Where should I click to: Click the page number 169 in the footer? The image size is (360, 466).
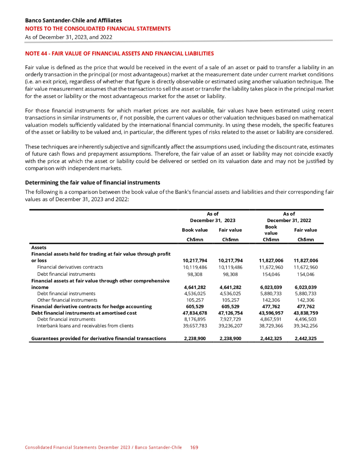coord(194,447)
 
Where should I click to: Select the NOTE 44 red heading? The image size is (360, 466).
coord(119,53)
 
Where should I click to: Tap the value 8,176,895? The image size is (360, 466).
coord(195,319)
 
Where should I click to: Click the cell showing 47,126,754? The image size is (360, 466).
coord(231,313)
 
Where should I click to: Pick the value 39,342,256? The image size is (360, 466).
coord(306,326)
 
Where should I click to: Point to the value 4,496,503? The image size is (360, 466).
coord(306,319)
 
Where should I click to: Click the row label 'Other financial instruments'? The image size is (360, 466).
coord(67,300)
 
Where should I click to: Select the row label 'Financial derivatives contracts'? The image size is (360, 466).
coord(70,267)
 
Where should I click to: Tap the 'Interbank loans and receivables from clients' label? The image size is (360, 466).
coord(85,326)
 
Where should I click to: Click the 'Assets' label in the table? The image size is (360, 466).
coord(38,247)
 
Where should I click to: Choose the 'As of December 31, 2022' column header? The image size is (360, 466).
coord(289,217)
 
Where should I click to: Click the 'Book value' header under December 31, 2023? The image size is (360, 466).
coord(195,230)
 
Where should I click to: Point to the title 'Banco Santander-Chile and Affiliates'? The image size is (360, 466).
coord(73,20)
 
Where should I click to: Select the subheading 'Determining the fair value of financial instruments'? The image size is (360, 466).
coord(92,183)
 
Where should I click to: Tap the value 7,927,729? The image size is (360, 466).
coord(231,319)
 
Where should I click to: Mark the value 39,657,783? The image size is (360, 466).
coord(195,326)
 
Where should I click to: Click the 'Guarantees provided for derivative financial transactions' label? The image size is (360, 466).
coord(98,338)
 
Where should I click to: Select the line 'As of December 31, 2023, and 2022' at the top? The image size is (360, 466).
coord(69,37)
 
